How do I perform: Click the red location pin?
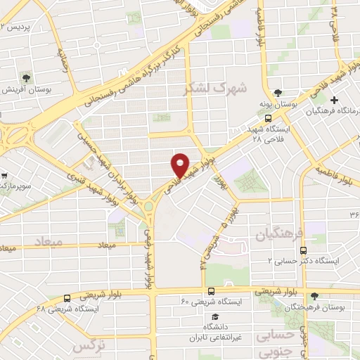point(181,165)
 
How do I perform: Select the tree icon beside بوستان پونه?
point(278,92)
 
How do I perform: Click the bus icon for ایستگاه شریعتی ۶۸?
point(67,297)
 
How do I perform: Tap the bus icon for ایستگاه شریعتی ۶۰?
point(212,291)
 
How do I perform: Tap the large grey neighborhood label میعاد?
point(47,241)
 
